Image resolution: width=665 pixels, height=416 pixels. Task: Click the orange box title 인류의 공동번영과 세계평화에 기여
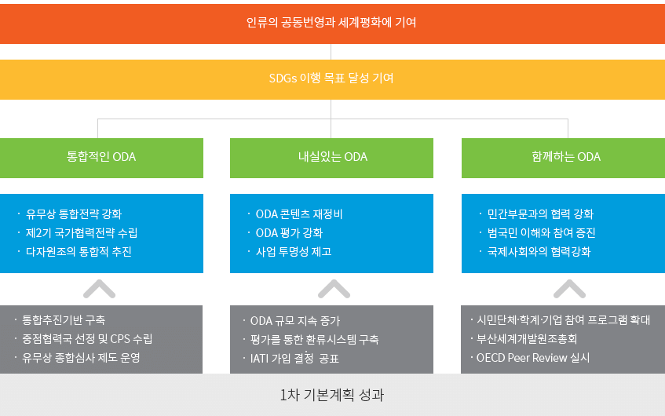click(331, 22)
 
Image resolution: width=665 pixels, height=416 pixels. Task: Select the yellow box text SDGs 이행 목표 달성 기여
click(331, 78)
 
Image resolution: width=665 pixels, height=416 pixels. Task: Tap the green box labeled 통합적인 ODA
click(101, 158)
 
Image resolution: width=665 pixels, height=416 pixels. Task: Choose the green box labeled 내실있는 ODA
click(331, 158)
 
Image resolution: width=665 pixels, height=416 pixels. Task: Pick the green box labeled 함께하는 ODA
click(563, 158)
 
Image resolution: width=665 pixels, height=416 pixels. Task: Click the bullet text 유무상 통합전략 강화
click(74, 213)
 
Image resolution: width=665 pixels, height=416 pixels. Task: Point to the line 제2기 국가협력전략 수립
click(82, 233)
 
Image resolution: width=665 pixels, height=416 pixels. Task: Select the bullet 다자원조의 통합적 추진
click(79, 251)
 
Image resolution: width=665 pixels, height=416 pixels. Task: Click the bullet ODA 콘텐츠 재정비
click(299, 213)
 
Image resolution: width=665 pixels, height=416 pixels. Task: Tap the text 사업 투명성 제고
click(294, 251)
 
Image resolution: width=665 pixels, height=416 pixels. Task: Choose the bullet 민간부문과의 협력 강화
click(540, 213)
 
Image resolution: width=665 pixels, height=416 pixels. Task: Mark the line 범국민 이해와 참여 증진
click(541, 233)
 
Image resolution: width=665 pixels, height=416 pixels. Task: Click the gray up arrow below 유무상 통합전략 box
click(99, 288)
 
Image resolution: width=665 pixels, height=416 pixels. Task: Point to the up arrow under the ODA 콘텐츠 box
click(334, 288)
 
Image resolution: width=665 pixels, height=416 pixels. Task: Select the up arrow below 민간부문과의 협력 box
click(569, 288)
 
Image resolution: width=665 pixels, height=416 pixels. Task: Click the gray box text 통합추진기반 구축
click(64, 319)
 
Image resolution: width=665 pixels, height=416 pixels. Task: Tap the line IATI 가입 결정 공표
click(294, 359)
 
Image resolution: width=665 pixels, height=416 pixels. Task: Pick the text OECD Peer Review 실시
click(533, 357)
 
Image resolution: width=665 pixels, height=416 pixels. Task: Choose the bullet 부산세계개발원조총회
click(527, 339)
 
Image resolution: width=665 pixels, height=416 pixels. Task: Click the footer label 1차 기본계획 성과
click(331, 395)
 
